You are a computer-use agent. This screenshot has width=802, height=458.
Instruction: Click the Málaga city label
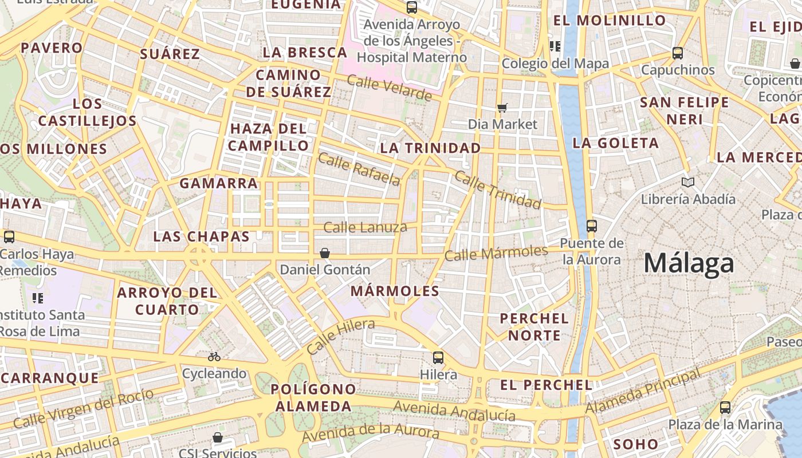pos(689,264)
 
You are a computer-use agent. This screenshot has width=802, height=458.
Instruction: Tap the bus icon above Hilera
pos(438,358)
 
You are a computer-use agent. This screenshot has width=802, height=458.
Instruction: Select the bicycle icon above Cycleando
pos(214,357)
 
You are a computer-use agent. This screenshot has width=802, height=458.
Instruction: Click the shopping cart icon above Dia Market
pos(502,108)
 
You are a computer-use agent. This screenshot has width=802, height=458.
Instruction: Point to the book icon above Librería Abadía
pos(688,183)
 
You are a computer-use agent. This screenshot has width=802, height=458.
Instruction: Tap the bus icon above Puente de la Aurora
pos(592,226)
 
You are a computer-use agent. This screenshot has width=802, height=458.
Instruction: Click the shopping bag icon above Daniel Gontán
pos(325,252)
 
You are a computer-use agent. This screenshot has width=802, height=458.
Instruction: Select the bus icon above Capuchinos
pos(678,53)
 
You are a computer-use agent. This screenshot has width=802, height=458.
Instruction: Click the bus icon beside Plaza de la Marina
pos(725,408)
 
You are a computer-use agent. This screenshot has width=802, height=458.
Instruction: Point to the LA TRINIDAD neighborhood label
pos(430,148)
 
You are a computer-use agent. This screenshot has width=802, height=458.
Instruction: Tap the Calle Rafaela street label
pos(359,169)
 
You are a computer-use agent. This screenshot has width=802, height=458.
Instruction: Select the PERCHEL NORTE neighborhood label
pos(534,327)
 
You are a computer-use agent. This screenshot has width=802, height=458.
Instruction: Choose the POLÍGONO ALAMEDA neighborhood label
pos(313,398)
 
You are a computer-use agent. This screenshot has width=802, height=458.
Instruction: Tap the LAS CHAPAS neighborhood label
pos(201,236)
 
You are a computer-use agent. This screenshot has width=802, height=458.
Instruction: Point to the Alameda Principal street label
pos(643,392)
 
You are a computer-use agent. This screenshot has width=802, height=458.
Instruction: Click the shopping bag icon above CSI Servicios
pos(218,438)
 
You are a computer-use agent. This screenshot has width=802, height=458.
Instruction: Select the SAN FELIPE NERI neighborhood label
pos(684,111)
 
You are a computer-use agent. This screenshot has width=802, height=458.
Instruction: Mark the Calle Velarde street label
pos(390,88)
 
